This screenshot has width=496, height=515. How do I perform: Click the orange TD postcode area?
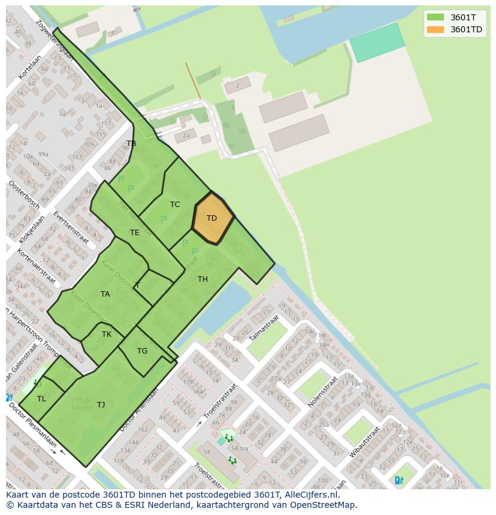click(x=213, y=218)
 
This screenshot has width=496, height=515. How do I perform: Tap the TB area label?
click(x=131, y=144)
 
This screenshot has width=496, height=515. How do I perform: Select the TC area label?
click(x=175, y=205)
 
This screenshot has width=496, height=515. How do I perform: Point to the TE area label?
click(x=135, y=233)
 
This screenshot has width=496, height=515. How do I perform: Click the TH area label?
click(x=203, y=279)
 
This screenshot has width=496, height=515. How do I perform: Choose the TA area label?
click(x=105, y=294)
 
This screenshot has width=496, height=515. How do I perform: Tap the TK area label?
click(x=107, y=334)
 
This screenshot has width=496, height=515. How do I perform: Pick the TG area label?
click(x=142, y=351)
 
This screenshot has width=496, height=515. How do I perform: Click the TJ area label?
click(x=101, y=405)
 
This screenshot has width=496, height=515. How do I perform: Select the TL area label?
click(x=41, y=399)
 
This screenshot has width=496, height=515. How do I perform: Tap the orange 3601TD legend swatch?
click(x=435, y=29)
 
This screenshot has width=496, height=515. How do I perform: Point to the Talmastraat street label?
click(x=264, y=328)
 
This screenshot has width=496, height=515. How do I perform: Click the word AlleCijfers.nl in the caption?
click(x=311, y=495)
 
